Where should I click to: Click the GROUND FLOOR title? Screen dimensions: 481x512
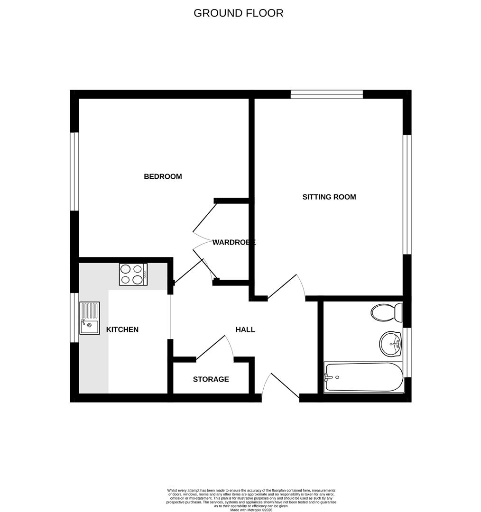click(238, 13)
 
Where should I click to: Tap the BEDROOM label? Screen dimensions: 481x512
click(163, 177)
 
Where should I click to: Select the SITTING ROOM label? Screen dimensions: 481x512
click(329, 197)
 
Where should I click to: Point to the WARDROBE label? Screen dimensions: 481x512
click(234, 242)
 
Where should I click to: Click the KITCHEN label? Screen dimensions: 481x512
click(122, 329)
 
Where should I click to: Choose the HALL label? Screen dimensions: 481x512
click(245, 329)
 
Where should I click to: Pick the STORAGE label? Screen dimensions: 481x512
click(211, 379)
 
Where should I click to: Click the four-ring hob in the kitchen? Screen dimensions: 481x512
click(133, 274)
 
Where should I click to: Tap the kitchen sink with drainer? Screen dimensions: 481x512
click(90, 318)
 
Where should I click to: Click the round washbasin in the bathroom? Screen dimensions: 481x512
click(390, 344)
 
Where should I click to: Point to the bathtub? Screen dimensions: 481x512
click(364, 377)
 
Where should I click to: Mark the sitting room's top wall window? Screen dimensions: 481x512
click(327, 94)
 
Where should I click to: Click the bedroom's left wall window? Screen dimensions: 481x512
click(74, 172)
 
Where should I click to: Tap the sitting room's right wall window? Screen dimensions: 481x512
click(407, 195)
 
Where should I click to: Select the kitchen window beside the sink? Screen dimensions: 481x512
click(74, 318)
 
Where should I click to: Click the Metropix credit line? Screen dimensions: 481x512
click(251, 510)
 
